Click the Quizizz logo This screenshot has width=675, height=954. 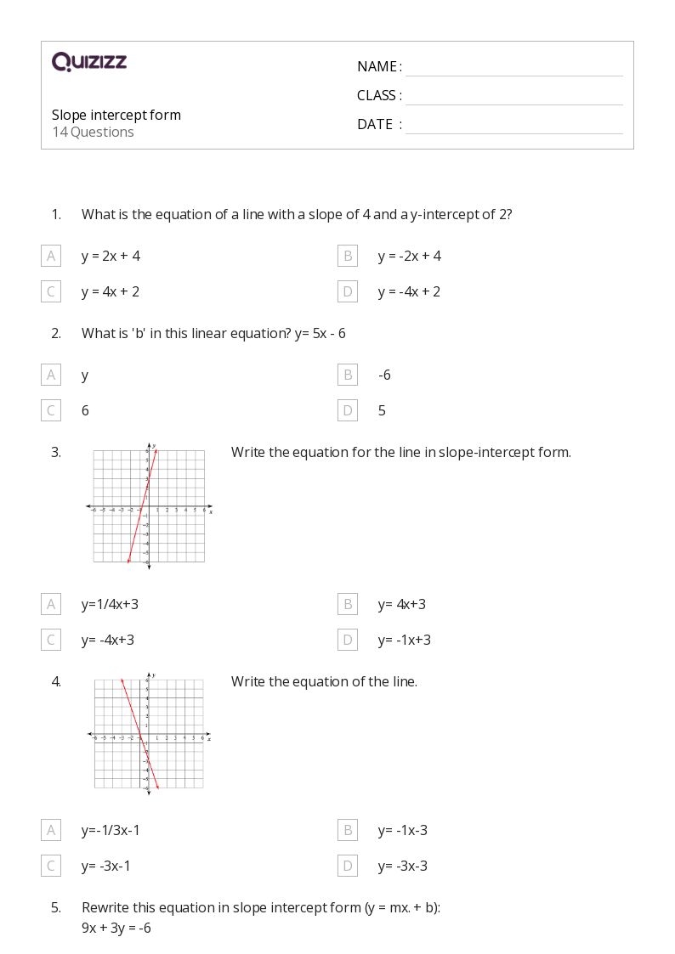[89, 62]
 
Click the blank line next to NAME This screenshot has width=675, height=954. [513, 68]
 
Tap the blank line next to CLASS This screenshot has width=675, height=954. [513, 97]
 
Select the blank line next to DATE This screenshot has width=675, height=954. [513, 126]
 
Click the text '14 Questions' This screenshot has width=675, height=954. [93, 133]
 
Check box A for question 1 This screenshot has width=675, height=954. [51, 256]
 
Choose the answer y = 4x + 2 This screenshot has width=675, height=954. [111, 292]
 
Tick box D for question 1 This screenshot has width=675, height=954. [347, 292]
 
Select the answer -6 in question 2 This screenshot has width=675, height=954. [384, 375]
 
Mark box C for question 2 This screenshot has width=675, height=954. [51, 411]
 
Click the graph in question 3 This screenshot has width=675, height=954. [149, 506]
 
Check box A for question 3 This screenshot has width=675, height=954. [51, 605]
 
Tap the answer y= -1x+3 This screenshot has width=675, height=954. [405, 641]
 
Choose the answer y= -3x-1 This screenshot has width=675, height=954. [106, 867]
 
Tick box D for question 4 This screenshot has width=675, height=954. [347, 867]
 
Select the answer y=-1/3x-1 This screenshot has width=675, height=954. [111, 831]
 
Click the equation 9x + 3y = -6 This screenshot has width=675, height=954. [116, 929]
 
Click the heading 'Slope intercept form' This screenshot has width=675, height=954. [116, 116]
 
